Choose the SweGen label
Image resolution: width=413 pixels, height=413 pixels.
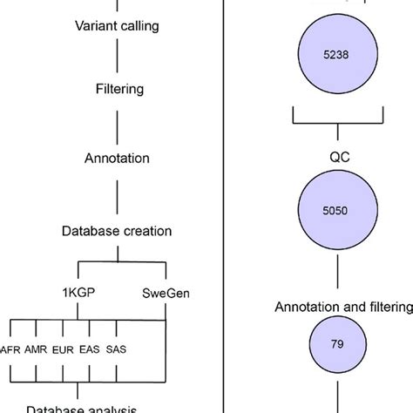[166, 293]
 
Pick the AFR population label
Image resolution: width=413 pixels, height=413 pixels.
[10, 349]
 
